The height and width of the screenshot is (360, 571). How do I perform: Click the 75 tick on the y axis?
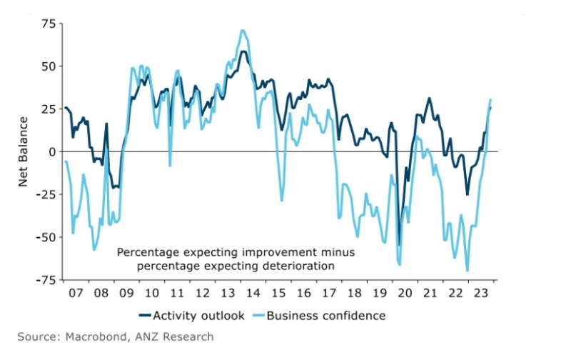pyautogui.click(x=48, y=24)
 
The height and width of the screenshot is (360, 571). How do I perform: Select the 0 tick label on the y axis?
pyautogui.click(x=52, y=151)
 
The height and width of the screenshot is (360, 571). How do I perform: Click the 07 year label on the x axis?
pyautogui.click(x=76, y=293)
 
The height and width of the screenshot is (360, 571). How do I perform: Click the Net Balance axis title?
pyautogui.click(x=24, y=152)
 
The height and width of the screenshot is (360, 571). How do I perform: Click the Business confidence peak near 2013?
pyautogui.click(x=243, y=31)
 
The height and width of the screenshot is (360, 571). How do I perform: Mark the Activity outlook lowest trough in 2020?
pyautogui.click(x=399, y=245)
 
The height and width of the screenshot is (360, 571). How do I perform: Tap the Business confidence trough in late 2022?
pyautogui.click(x=468, y=271)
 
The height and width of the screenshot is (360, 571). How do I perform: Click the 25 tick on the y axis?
pyautogui.click(x=48, y=109)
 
